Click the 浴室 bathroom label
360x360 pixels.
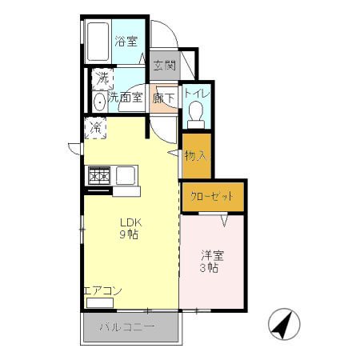point(126,42)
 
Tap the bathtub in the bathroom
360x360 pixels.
point(98,42)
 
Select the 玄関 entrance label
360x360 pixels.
point(165,66)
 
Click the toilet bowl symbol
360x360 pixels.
point(196,114)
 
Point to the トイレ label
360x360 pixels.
point(197,94)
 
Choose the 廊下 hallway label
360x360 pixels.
point(164,98)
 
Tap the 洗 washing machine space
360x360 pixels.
point(102,79)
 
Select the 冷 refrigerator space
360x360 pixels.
point(95,128)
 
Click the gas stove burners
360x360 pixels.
point(99,175)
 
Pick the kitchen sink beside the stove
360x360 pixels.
point(126,175)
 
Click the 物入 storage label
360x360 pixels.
point(196,156)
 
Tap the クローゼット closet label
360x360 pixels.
point(212,197)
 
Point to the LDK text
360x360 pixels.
point(130,222)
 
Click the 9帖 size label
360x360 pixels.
point(129,234)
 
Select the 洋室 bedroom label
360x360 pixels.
point(213,256)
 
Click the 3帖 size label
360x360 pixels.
point(209,268)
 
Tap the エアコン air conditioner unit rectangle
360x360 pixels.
point(100,303)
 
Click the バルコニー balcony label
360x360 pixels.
point(127,327)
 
